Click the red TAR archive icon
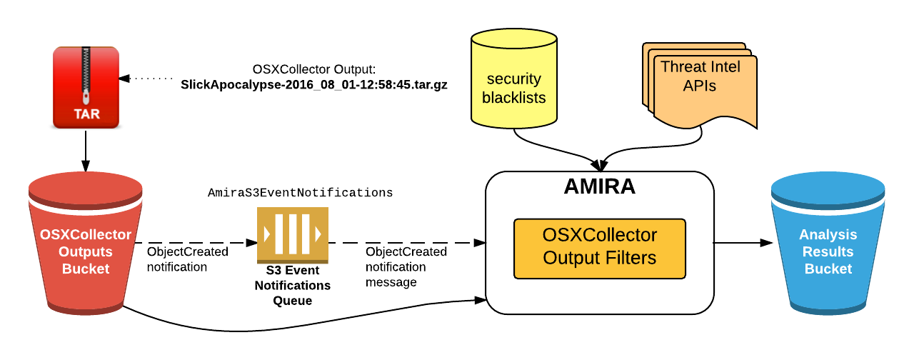tap(86, 87)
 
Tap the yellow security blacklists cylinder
tap(513, 82)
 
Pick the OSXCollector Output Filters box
tap(599, 247)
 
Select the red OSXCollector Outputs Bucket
tap(85, 250)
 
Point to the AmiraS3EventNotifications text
tap(300, 193)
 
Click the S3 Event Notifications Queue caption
tap(293, 286)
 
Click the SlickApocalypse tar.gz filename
tap(314, 84)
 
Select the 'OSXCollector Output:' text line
tap(314, 69)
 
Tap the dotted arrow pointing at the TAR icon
tap(146, 77)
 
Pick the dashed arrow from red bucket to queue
tap(196, 243)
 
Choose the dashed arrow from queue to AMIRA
tap(407, 243)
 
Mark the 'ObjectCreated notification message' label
tap(406, 267)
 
